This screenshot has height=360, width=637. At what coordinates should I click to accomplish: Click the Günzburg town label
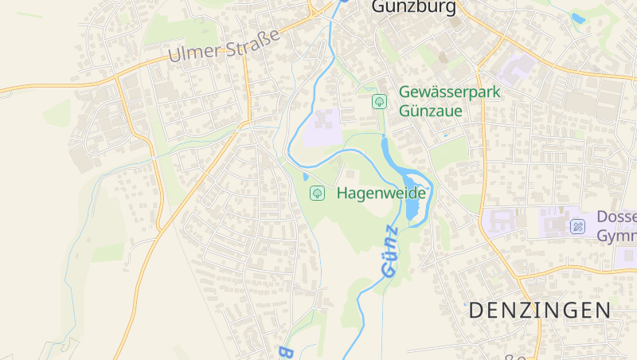click(414, 7)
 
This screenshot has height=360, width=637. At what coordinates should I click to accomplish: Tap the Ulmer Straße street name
click(225, 46)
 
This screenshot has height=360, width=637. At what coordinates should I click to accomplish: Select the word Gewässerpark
click(450, 92)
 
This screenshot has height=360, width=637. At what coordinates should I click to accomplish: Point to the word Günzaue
click(431, 112)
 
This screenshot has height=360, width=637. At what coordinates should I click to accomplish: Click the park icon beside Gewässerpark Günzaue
click(379, 101)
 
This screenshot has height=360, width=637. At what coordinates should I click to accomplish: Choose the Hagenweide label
click(381, 193)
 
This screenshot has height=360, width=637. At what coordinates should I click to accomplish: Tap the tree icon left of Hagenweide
click(317, 193)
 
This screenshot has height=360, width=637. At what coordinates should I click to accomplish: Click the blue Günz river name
click(389, 252)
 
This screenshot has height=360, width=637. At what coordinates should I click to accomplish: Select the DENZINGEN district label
click(539, 311)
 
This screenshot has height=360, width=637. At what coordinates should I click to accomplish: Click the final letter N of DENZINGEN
click(602, 311)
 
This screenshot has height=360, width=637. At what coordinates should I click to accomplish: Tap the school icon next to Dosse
click(577, 227)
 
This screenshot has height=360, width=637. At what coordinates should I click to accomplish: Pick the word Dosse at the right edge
click(616, 217)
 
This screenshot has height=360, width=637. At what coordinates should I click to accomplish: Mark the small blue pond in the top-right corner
click(578, 18)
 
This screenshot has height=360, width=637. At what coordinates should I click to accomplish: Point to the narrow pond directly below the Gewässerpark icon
click(385, 148)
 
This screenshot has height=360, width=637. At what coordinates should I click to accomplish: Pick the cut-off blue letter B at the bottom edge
click(284, 352)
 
